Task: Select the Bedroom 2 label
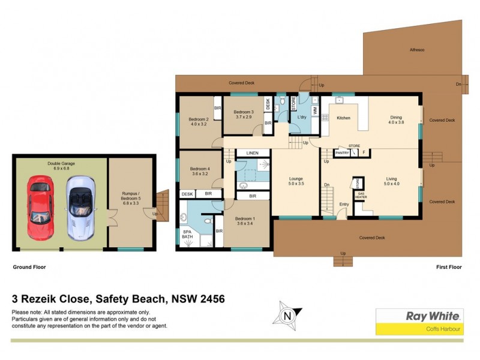(199, 122)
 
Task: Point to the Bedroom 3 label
(244, 115)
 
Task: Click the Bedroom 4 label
(200, 172)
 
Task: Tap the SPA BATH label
(188, 235)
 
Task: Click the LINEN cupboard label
(252, 154)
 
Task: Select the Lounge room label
(295, 181)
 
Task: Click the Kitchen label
(343, 118)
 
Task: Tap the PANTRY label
(342, 154)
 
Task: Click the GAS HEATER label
(361, 196)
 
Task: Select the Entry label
(344, 205)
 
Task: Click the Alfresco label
(417, 49)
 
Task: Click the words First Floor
(449, 266)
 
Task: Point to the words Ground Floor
(29, 266)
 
